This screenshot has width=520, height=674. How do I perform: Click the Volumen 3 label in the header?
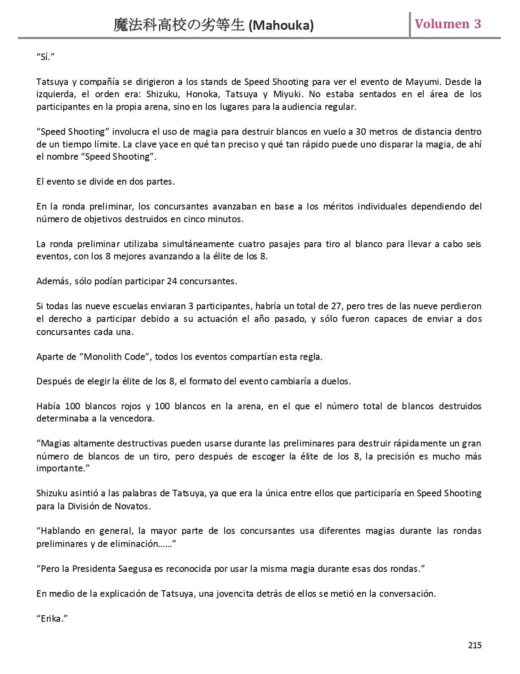click(x=448, y=24)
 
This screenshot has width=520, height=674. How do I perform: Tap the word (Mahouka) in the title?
click(x=281, y=26)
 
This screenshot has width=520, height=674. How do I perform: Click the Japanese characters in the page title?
click(x=179, y=25)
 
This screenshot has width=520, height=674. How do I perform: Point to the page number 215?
click(x=475, y=645)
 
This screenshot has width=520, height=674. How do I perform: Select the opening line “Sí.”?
click(x=45, y=57)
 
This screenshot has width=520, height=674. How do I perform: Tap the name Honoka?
click(x=201, y=94)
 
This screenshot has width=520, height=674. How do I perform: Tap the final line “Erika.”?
click(x=52, y=618)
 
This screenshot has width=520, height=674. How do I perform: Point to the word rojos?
click(x=131, y=406)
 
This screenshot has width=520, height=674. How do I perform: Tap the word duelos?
click(x=336, y=382)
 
